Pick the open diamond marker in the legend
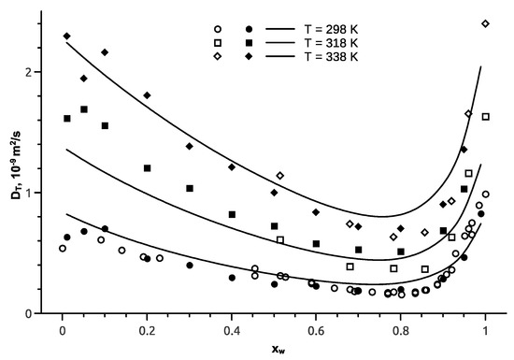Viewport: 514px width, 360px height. [x=217, y=57]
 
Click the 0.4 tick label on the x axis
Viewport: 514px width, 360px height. [x=231, y=330]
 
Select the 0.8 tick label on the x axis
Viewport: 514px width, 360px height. [x=401, y=330]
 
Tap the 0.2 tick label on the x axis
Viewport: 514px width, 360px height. [x=147, y=330]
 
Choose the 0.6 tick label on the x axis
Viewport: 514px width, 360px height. [x=316, y=330]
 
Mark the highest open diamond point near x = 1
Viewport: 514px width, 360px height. [x=485, y=23]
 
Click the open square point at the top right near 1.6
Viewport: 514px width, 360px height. [x=486, y=117]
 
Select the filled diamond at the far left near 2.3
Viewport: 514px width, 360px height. [x=67, y=36]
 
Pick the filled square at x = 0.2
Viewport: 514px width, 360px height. [x=148, y=168]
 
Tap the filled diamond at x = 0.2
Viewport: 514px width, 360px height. [x=147, y=95]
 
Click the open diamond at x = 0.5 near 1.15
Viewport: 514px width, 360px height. [x=280, y=176]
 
